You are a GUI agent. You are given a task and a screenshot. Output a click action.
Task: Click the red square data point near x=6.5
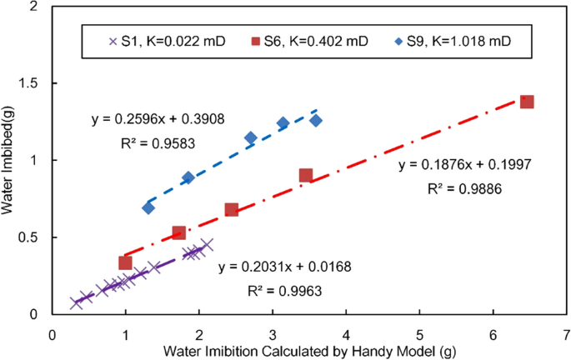(527, 102)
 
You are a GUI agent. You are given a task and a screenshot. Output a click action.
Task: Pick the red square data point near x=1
(125, 262)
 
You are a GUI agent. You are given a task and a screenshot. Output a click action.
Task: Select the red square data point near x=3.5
(306, 175)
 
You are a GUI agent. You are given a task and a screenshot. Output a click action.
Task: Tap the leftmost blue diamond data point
(148, 207)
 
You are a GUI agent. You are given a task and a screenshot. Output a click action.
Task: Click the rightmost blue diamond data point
(316, 120)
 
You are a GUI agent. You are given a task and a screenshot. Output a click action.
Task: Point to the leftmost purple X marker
(77, 303)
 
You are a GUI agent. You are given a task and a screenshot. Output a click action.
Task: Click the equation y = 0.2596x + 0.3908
(147, 120)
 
